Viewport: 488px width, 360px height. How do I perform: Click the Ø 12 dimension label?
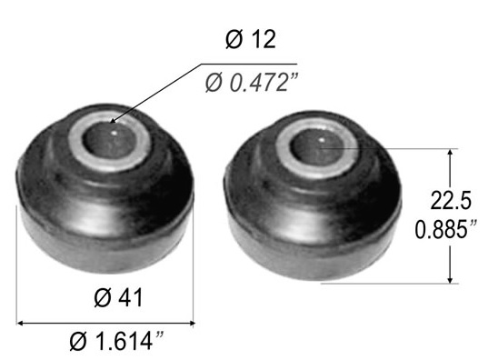pos(251,40)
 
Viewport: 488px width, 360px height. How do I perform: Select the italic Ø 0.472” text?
pos(252,83)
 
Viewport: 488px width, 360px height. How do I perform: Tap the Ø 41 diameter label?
pos(118,297)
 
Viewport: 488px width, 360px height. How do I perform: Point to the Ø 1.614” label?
pos(116,341)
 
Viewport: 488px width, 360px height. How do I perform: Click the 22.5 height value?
pos(451,200)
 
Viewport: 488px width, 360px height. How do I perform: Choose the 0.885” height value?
pos(446,229)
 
